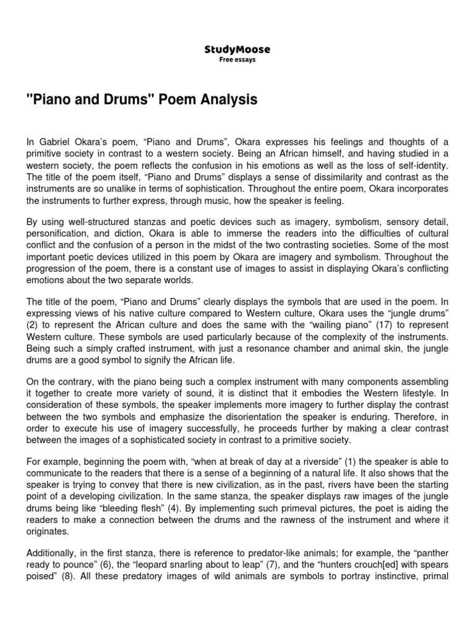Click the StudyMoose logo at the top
[237, 49]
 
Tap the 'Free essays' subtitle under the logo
[237, 60]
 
